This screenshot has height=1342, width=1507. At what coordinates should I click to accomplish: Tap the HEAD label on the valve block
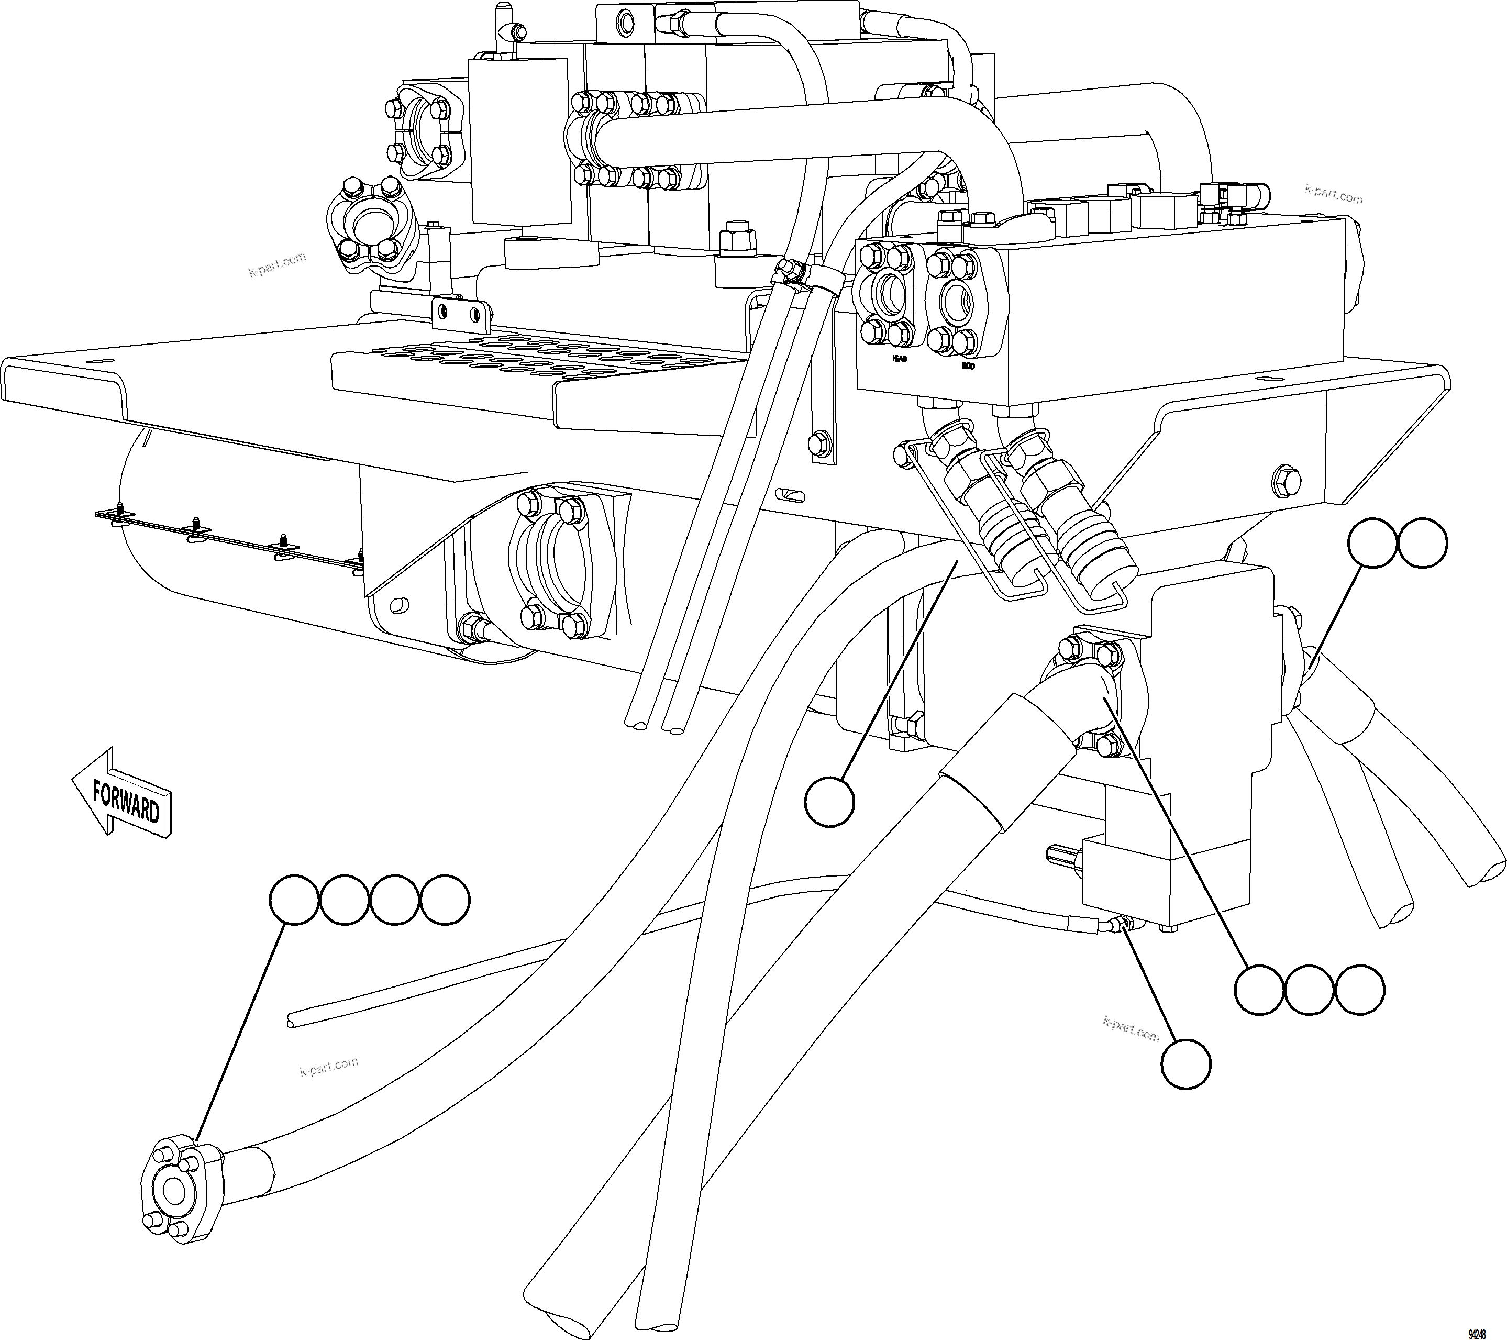tap(900, 359)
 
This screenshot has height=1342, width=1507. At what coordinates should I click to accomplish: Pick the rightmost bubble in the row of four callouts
tap(445, 900)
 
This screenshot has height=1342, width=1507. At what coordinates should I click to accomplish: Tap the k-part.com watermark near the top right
tap(1334, 195)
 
